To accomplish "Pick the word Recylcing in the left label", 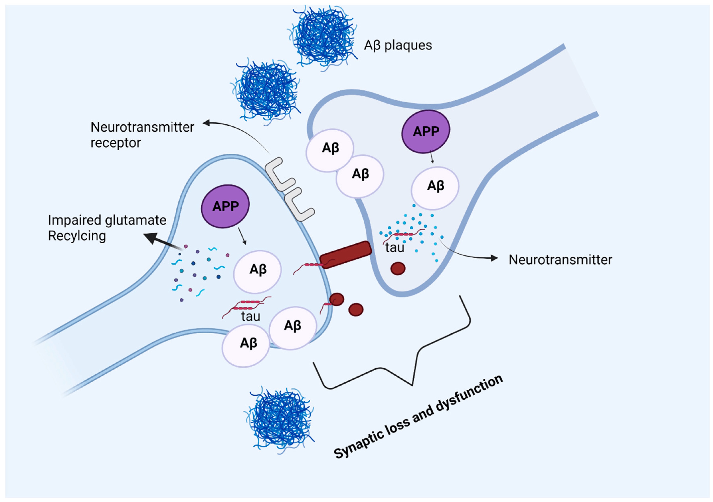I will coord(77,236).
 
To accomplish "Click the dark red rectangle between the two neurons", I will coord(345,254).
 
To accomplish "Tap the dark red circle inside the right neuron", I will coord(398,269).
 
